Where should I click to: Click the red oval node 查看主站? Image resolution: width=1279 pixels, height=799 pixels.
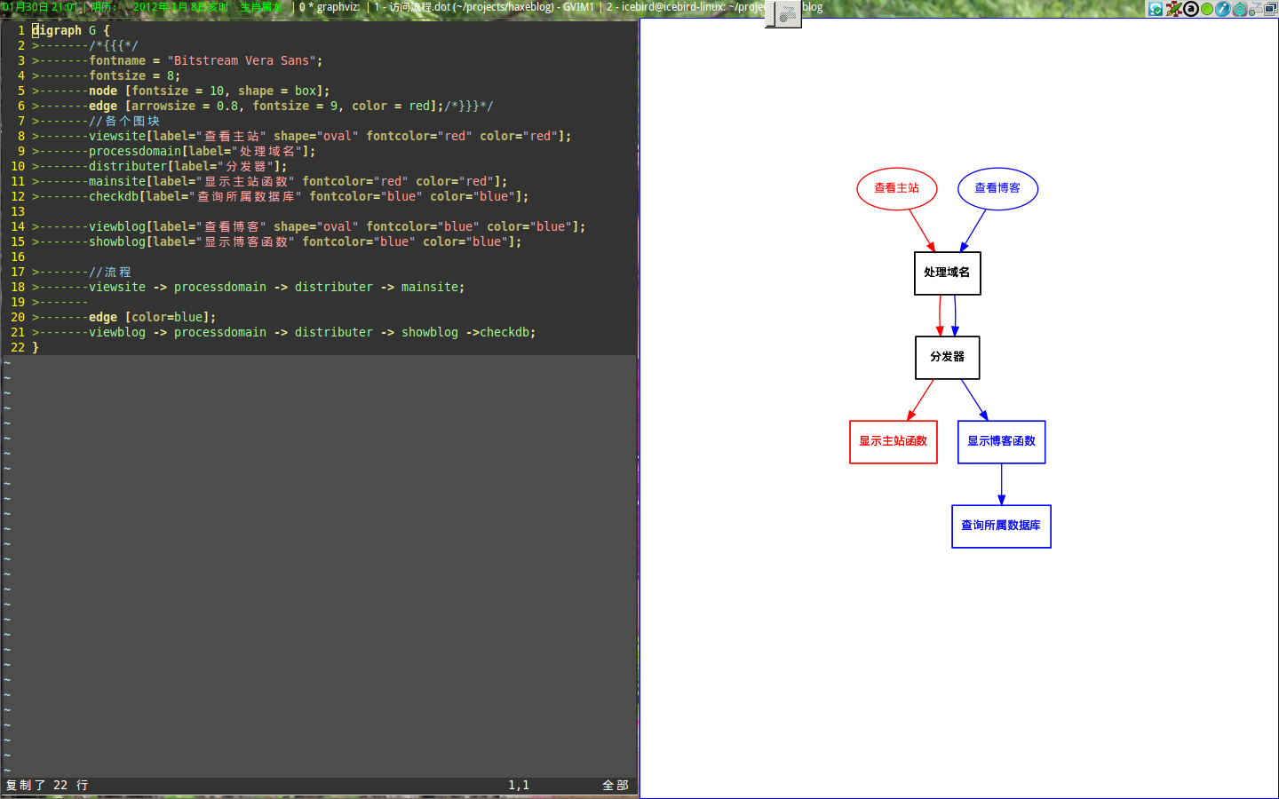point(896,188)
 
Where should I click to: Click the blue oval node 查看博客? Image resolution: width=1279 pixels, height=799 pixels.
point(997,188)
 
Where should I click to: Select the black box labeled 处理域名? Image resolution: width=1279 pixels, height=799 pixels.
point(947,273)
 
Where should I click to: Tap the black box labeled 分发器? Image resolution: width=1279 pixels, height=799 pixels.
point(947,357)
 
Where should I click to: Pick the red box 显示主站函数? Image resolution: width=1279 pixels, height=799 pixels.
point(893,441)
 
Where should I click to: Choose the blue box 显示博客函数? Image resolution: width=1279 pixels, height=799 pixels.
point(1001,441)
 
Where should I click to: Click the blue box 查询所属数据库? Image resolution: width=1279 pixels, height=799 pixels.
point(1001,526)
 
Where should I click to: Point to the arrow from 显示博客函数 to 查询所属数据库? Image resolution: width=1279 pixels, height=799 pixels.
point(1001,484)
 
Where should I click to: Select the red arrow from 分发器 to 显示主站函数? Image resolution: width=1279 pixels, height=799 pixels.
point(921,399)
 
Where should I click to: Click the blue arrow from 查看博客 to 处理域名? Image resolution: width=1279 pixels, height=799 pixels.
point(973,231)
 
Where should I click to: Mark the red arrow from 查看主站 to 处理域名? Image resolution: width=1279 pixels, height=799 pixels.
point(922,231)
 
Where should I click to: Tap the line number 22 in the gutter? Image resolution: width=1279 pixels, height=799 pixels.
point(18,347)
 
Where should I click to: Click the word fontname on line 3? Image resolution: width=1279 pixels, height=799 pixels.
point(117,60)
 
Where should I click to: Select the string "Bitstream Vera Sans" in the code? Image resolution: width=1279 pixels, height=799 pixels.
point(242,60)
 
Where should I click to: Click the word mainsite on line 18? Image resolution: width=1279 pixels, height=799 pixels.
point(430,287)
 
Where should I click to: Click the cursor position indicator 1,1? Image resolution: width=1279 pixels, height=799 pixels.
point(519,785)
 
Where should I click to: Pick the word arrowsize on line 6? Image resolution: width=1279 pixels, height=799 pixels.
point(163,106)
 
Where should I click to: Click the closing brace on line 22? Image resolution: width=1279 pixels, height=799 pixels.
point(36,347)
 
